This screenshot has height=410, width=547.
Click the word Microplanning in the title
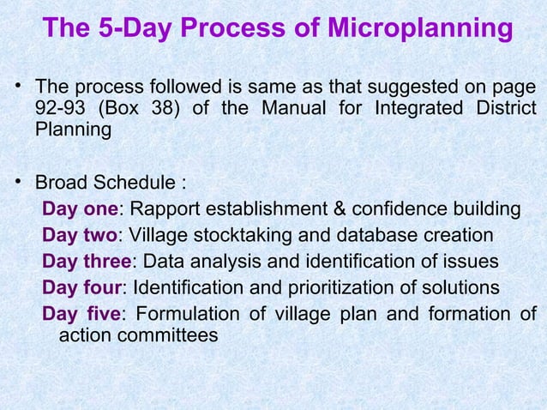tap(420, 29)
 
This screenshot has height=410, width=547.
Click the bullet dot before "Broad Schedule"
tap(16, 183)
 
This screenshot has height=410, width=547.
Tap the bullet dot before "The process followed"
tap(16, 86)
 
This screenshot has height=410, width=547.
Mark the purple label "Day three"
tap(86, 262)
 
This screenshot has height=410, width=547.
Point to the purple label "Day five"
tap(81, 313)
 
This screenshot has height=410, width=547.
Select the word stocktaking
tap(236, 236)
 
